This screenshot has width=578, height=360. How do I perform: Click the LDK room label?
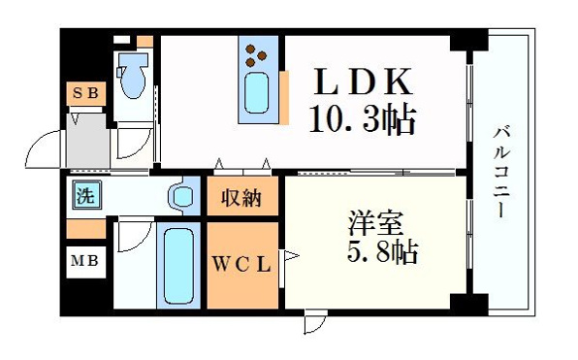pos(363,82)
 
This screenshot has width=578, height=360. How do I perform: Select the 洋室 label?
pos(375,222)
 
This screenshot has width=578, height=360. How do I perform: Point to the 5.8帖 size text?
pos(382,252)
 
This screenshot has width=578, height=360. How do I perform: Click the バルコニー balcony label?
pos(501,172)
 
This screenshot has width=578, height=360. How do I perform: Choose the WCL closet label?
pos(242,264)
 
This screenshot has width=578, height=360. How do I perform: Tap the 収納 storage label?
pos(241,198)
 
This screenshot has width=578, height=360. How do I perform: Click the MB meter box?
pos(85,262)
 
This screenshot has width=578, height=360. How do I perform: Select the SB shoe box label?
pos(86,93)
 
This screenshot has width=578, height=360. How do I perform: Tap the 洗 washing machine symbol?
pos(86,195)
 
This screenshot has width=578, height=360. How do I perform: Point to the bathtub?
pos(178,266)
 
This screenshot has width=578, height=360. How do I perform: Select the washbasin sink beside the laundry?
pos(181,196)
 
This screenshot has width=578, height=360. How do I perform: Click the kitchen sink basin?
pos(257,92)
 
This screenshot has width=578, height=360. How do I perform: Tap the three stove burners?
pos(256,55)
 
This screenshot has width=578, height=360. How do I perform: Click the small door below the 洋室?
pos(315,321)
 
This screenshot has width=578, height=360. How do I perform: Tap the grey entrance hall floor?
pos(88,141)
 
